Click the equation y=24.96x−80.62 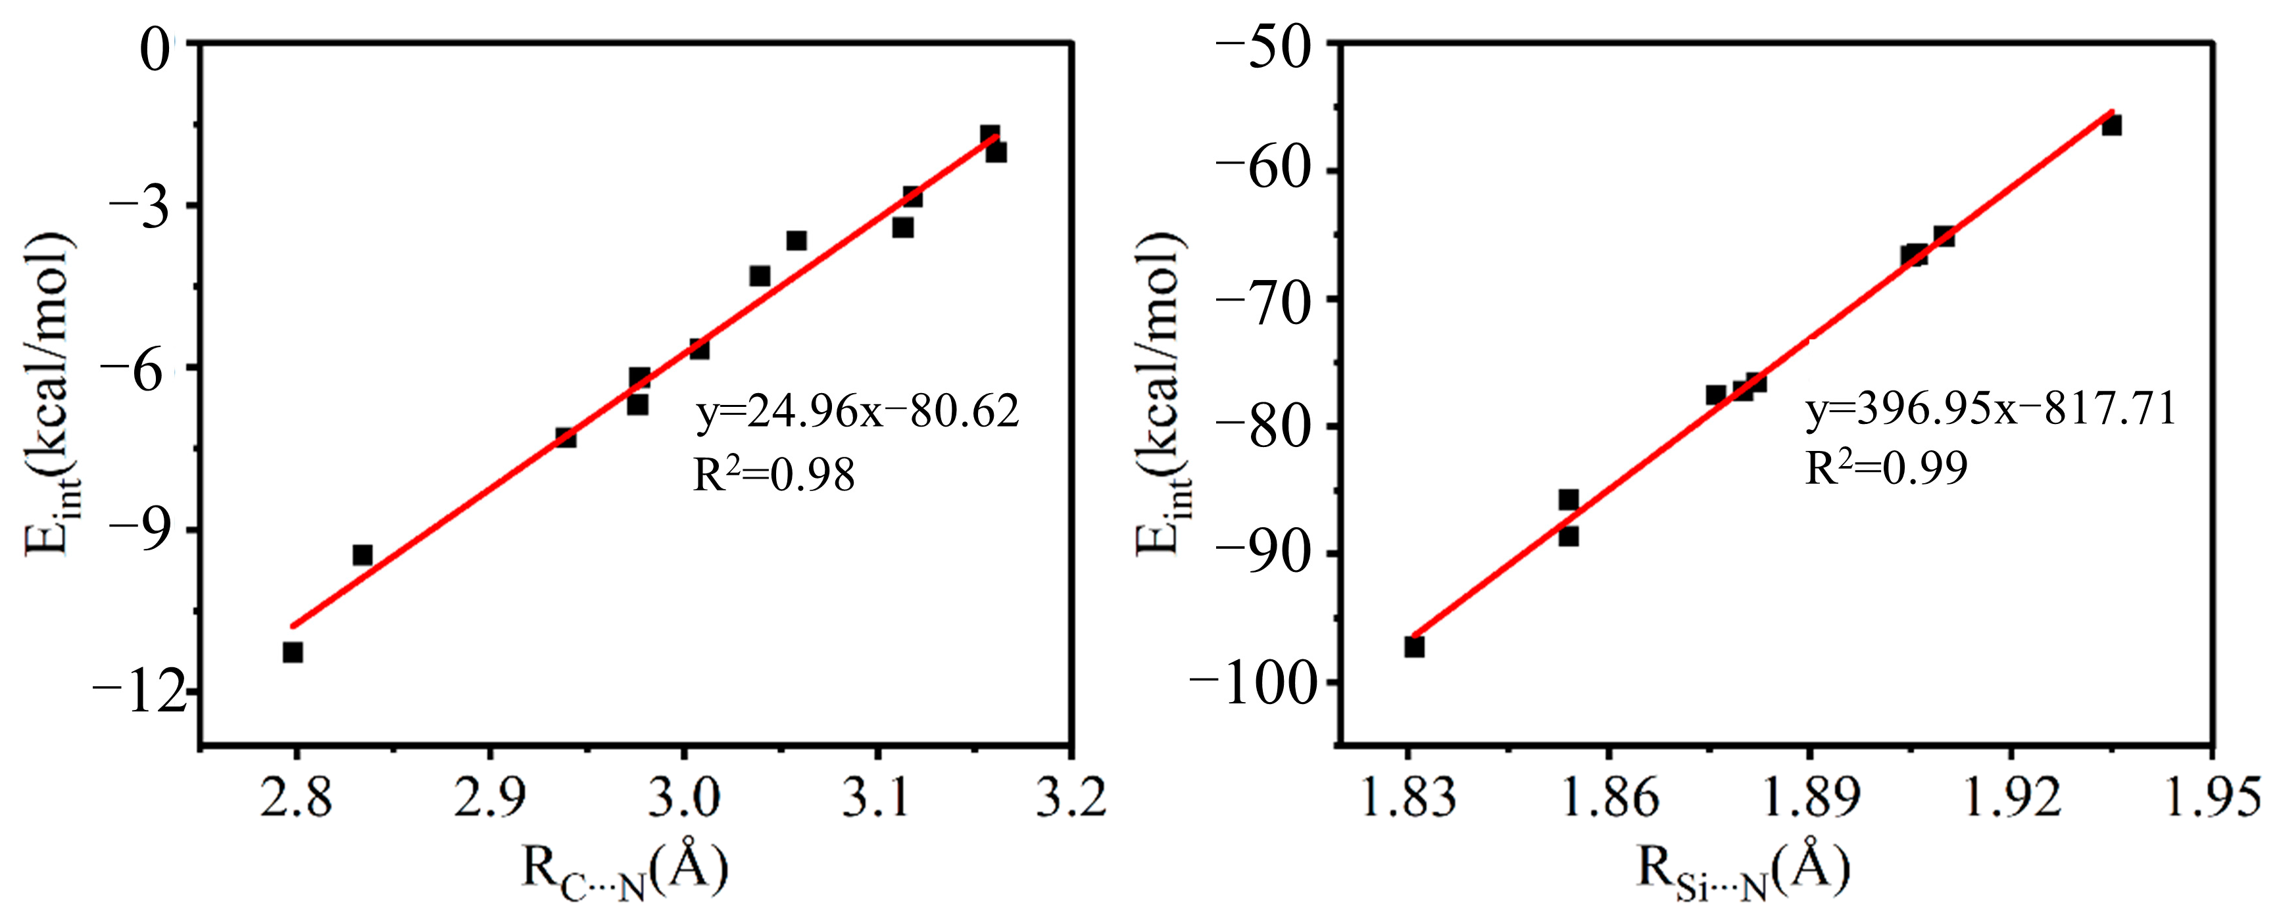(858, 411)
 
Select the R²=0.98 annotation (773, 475)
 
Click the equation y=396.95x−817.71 (1990, 408)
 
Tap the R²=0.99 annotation (1886, 467)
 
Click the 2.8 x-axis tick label (296, 797)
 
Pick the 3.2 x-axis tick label (1071, 797)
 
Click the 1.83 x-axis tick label (1408, 797)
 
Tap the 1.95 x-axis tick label (2213, 797)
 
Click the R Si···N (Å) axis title (1743, 870)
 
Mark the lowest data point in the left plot (293, 652)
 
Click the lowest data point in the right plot (1414, 647)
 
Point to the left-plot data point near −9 (362, 555)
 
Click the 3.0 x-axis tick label (683, 797)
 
